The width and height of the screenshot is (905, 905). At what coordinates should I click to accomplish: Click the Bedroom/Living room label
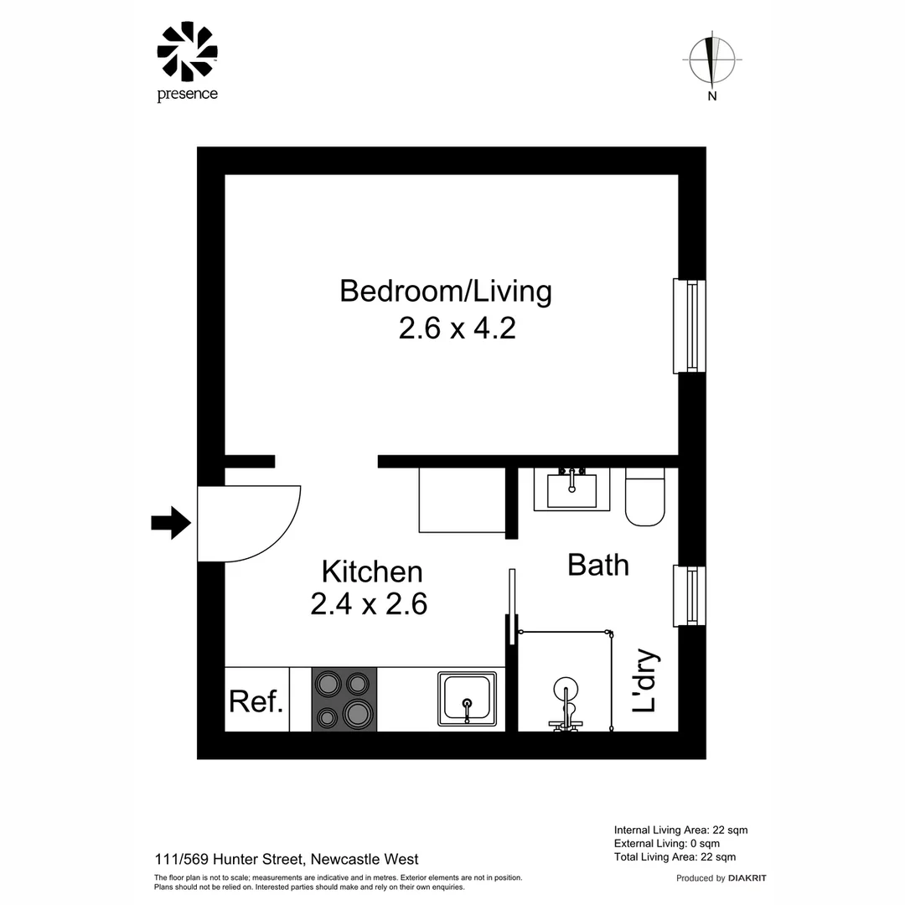coord(446,292)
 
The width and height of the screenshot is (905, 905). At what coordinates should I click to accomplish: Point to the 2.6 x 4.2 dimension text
coord(457,328)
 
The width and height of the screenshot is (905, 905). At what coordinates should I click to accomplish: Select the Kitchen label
coord(372,572)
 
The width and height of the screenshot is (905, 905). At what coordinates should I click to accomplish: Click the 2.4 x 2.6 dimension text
coord(369,603)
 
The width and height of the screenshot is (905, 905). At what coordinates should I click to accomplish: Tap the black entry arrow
coord(171,523)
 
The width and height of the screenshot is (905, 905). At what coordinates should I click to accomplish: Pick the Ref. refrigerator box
coord(256,700)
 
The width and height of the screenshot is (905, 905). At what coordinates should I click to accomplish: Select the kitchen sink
coord(468,700)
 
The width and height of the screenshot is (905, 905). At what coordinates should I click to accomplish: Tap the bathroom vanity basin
coord(572,489)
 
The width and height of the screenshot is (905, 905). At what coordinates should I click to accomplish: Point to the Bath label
coord(597,565)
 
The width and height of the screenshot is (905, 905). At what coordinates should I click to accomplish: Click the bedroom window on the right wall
coord(690,326)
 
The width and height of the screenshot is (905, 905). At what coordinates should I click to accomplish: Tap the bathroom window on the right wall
coord(690,596)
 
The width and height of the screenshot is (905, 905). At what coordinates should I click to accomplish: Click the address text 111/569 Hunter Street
coord(287,859)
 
